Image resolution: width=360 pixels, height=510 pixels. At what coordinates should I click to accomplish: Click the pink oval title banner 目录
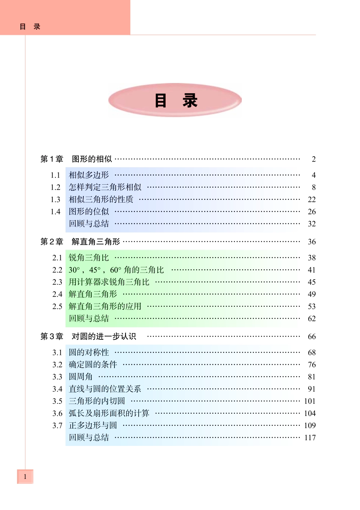[x=175, y=100]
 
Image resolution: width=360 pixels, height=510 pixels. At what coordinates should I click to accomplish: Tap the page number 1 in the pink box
[x=25, y=477]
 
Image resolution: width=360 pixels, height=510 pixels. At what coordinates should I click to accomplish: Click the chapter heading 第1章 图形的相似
[x=76, y=159]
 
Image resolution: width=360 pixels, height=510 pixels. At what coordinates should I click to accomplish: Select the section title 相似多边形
[x=89, y=175]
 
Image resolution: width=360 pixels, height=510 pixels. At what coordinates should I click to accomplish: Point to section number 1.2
[x=55, y=187]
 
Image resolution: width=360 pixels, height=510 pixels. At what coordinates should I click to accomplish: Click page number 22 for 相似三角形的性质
[x=311, y=199]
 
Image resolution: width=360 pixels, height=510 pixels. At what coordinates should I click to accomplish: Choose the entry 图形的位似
[x=89, y=212]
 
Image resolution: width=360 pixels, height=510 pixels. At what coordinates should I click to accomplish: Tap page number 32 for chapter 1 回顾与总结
[x=311, y=224]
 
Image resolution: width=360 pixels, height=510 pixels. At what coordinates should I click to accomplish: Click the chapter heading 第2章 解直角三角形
[x=80, y=242]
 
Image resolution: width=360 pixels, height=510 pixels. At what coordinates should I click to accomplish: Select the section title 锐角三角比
[x=89, y=258]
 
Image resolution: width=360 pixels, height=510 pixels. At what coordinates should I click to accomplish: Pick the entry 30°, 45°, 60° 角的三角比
[x=116, y=270]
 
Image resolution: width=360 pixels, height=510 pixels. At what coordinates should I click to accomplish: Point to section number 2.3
[x=57, y=282]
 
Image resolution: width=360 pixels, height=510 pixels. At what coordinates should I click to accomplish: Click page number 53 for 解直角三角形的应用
[x=311, y=306]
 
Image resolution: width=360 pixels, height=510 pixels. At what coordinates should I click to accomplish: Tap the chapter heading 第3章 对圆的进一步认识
[x=88, y=336]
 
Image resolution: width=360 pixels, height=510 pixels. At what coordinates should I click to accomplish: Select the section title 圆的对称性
[x=89, y=353]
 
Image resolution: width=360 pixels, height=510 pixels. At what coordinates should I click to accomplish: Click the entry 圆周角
[x=80, y=377]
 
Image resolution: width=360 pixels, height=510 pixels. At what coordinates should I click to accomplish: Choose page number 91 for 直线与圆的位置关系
[x=311, y=389]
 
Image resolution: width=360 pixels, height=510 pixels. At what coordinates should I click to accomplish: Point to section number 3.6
[x=57, y=413]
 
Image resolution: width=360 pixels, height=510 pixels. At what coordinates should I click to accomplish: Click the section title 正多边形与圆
[x=93, y=425]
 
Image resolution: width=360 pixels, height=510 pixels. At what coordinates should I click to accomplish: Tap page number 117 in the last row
[x=310, y=438]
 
